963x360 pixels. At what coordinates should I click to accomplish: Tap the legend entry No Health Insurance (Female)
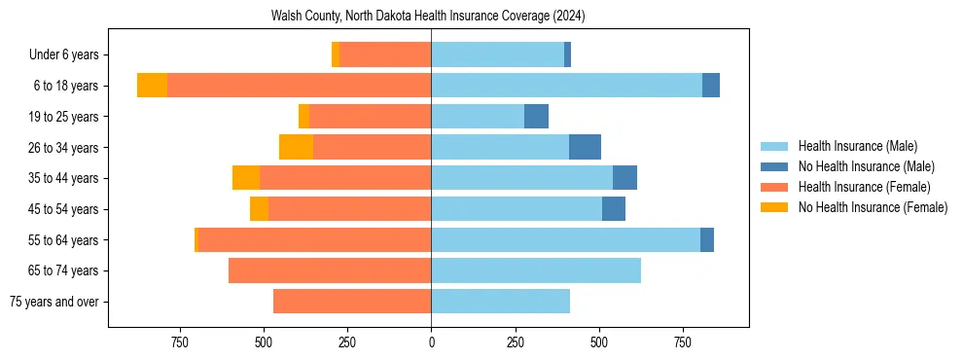[x=873, y=207]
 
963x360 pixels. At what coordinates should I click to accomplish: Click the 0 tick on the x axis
[x=431, y=342]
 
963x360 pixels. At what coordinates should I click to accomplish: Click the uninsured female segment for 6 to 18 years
[x=152, y=86]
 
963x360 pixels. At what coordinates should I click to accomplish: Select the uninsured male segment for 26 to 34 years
[x=585, y=147]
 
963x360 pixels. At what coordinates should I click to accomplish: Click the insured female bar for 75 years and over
[x=352, y=302]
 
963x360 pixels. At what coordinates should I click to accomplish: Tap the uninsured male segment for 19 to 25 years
[x=536, y=117]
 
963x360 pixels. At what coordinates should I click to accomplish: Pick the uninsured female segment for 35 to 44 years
[x=246, y=178]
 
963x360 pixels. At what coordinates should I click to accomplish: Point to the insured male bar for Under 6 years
[x=497, y=55]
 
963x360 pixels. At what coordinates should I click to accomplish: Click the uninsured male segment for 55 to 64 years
[x=707, y=239]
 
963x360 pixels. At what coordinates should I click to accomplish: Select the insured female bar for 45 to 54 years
[x=350, y=209]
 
